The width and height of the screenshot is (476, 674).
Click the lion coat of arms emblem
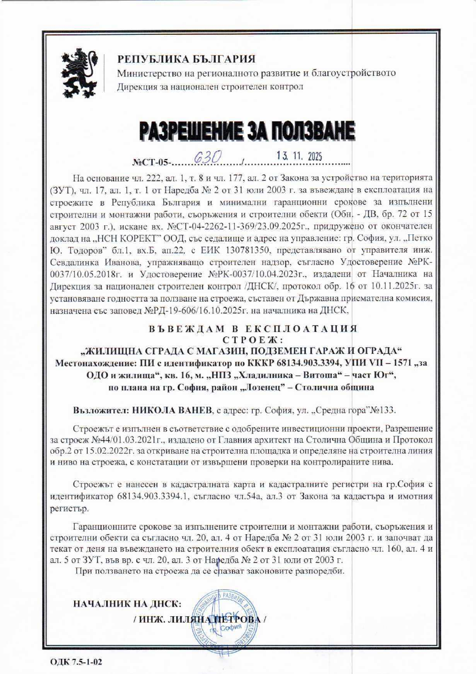click(80, 71)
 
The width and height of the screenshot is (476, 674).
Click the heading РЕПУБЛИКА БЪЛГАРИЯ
click(186, 60)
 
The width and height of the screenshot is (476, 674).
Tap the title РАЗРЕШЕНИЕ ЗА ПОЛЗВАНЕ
click(238, 131)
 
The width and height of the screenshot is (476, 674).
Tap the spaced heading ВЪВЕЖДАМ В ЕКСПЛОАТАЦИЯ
click(238, 328)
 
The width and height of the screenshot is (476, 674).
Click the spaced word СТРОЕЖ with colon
click(237, 340)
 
